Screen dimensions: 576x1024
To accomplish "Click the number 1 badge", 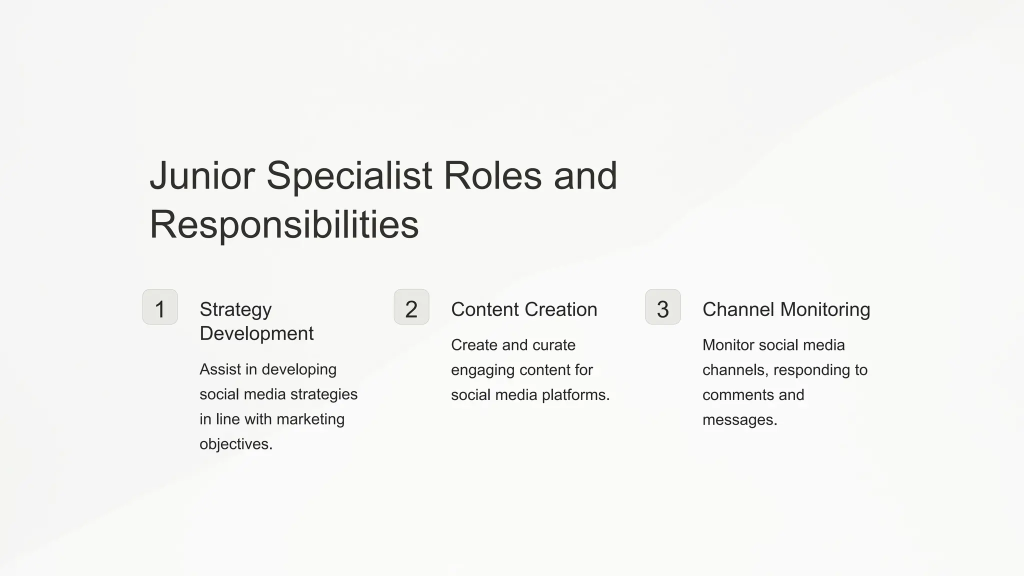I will (160, 307).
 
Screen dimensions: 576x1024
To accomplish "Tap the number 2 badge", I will (411, 307).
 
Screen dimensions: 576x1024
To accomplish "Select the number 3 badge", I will (663, 307).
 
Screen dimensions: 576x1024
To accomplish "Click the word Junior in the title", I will (202, 176).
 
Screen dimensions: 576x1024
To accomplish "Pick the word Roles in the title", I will (492, 176).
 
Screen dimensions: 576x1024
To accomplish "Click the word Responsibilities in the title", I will (284, 225).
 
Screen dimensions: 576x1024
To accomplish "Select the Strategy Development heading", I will (256, 321).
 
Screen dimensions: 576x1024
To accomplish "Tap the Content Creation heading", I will (524, 309).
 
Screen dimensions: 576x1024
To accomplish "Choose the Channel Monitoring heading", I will (786, 309).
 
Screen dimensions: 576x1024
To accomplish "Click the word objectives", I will (236, 444).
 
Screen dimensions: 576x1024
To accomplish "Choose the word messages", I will (739, 420).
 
